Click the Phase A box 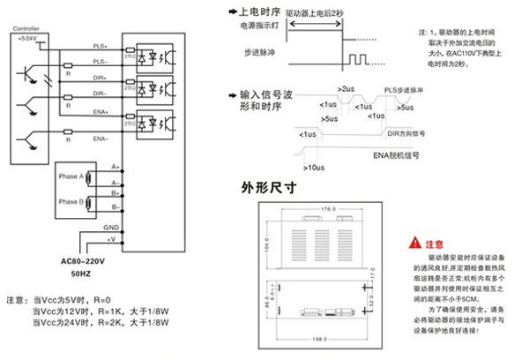pyautogui.click(x=71, y=176)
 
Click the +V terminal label pyautogui.click(x=110, y=239)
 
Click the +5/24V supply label pyautogui.click(x=27, y=40)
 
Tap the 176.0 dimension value pyautogui.click(x=328, y=209)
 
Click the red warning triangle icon pyautogui.click(x=416, y=242)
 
